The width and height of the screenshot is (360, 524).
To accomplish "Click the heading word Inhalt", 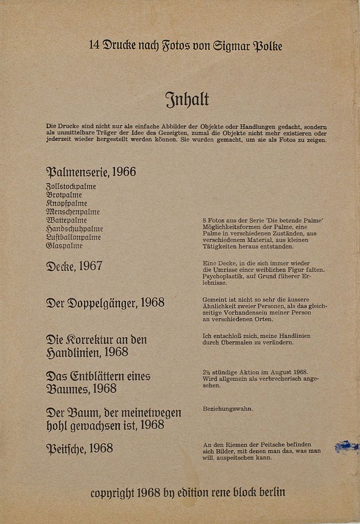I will coord(187,99).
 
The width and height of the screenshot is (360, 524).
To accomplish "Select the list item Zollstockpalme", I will coord(71,187).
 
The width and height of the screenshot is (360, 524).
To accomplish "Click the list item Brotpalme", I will coord(64,195).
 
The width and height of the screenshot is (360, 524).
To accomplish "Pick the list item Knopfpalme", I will coord(66,204).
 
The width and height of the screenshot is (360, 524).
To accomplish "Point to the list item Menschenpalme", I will coord(73,212).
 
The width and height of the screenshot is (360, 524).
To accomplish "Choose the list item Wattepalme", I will coord(66,221).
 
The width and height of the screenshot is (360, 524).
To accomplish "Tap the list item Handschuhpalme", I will coord(75,229).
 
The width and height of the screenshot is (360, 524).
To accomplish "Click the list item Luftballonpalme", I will coord(73,237).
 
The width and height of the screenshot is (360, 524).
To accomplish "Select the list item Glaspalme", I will coord(64,246).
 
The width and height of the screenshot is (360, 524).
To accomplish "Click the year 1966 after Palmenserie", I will coord(124,172).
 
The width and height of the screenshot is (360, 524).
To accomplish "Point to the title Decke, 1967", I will coord(74,266).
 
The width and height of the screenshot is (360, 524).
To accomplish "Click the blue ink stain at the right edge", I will coord(346,447).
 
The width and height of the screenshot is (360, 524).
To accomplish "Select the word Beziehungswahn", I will coord(228,409).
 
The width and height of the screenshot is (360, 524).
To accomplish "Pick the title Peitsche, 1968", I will coord(79,449).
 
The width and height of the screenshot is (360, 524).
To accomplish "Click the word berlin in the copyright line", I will coord(272,492).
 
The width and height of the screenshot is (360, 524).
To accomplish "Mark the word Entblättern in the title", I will coord(95,377).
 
